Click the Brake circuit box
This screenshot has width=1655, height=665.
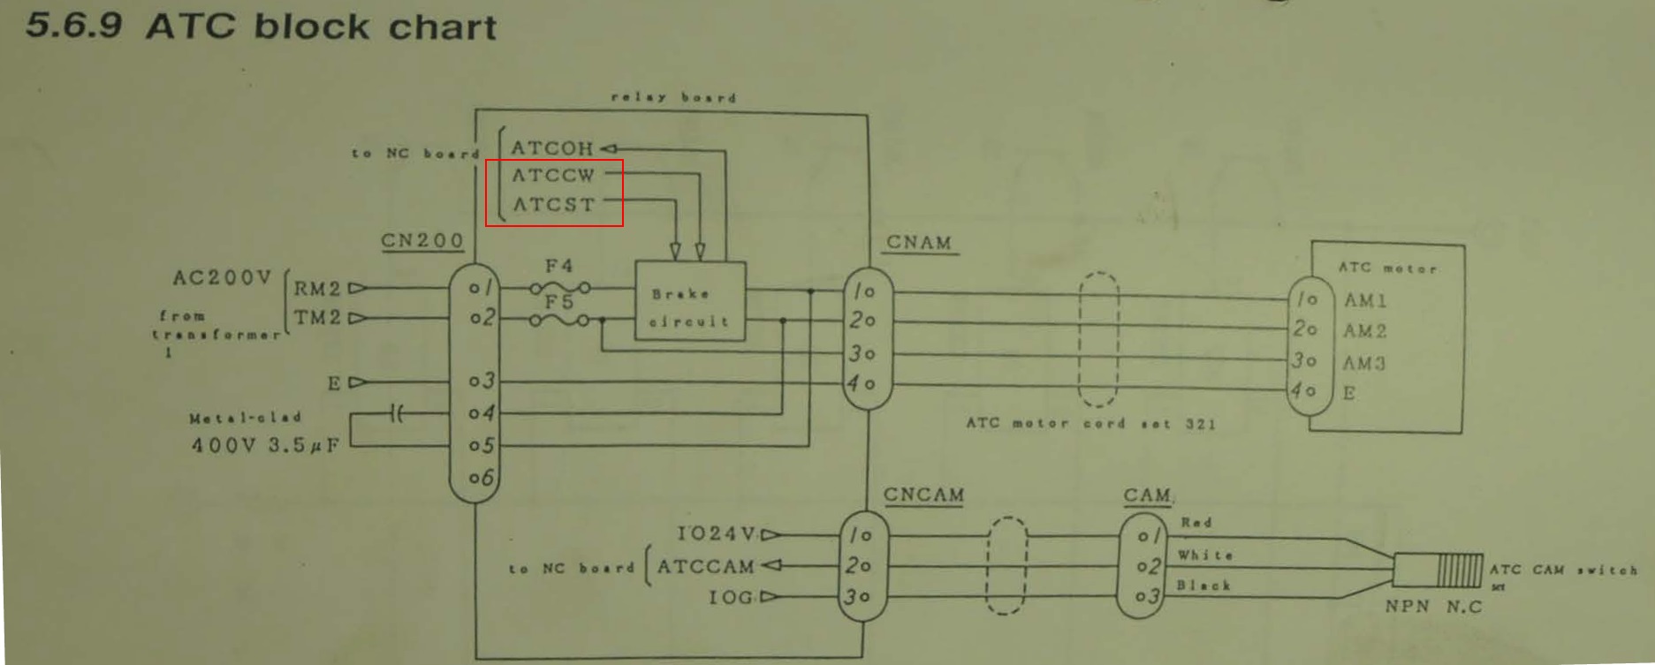pos(690,301)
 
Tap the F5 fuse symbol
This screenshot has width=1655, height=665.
pos(559,320)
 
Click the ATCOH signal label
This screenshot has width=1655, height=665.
pos(552,148)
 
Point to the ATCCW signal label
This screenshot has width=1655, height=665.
pos(554,175)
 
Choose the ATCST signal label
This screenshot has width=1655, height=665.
pos(554,204)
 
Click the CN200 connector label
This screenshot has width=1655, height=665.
pos(422,240)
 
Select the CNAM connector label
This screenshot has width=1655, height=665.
pos(919,242)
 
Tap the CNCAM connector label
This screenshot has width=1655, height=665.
pos(923,495)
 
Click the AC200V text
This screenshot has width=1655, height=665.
pos(222,278)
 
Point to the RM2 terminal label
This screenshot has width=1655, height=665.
pos(317,288)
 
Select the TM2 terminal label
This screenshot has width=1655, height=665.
pos(317,317)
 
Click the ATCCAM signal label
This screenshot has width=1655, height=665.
pos(705,566)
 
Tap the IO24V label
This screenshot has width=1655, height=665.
pos(717,533)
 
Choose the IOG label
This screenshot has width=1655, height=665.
pos(730,597)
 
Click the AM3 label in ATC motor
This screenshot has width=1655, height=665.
pos(1364,363)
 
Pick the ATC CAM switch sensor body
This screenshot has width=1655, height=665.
pos(1438,570)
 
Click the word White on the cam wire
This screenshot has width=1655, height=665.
pos(1204,555)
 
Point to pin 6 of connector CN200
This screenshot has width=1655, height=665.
pos(482,478)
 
